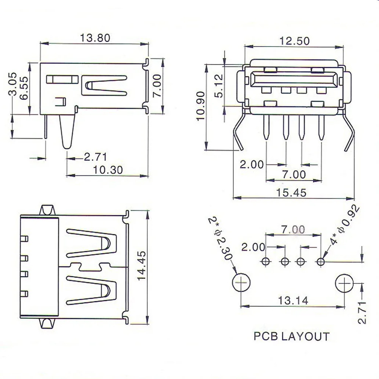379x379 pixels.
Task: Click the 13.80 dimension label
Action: tap(95, 38)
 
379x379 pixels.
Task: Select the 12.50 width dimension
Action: tap(294, 41)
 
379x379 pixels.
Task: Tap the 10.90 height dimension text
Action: tap(200, 106)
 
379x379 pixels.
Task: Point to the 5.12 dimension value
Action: tap(219, 86)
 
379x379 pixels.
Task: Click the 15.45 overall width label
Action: tap(291, 193)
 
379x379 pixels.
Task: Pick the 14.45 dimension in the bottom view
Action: tap(142, 266)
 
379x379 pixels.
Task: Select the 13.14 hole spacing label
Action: tap(293, 301)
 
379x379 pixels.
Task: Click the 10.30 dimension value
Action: tap(108, 170)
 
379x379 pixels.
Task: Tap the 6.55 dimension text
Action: tap(24, 88)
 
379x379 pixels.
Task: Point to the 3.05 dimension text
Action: tap(13, 84)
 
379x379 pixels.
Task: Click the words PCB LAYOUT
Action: tap(291, 337)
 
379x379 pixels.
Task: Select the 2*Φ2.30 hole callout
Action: tap(221, 238)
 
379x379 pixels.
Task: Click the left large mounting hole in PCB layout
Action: tap(241, 283)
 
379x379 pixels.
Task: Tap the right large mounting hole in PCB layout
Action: tap(345, 283)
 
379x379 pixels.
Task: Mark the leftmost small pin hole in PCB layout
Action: tap(266, 261)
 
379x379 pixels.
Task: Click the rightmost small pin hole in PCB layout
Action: tap(321, 262)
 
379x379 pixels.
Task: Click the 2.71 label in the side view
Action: tap(95, 157)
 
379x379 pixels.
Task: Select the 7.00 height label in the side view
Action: tap(157, 86)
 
